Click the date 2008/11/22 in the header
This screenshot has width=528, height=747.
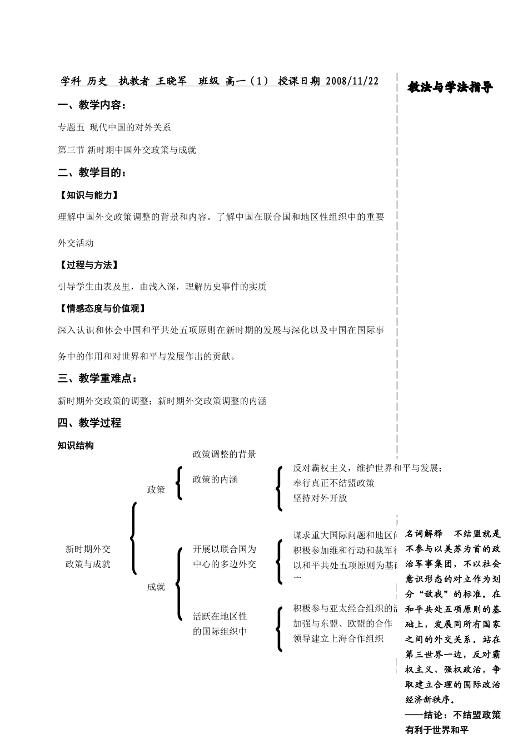point(352,81)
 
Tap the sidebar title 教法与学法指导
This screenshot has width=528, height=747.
point(450,87)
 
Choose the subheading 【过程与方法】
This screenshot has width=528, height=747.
point(88,265)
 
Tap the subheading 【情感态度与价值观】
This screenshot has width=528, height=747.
point(102,308)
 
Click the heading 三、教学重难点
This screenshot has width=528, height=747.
point(97,379)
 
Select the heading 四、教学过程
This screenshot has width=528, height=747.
point(89,423)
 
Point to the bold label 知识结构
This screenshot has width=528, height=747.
point(76,445)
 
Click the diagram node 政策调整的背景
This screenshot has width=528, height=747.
point(224,454)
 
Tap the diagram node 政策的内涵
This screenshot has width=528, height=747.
point(215,479)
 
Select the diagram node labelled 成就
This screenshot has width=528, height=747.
point(156,587)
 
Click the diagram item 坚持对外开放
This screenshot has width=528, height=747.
point(320,498)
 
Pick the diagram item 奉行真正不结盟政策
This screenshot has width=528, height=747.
point(333,483)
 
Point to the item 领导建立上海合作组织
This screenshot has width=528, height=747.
point(338,638)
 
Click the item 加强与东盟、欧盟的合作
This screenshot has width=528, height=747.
point(342,623)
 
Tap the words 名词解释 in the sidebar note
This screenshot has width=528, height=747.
point(424,533)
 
